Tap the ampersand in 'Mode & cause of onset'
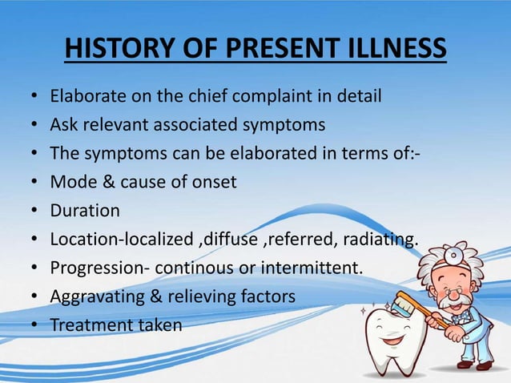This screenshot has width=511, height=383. [x=104, y=182]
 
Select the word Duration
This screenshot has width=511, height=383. [x=85, y=211]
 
